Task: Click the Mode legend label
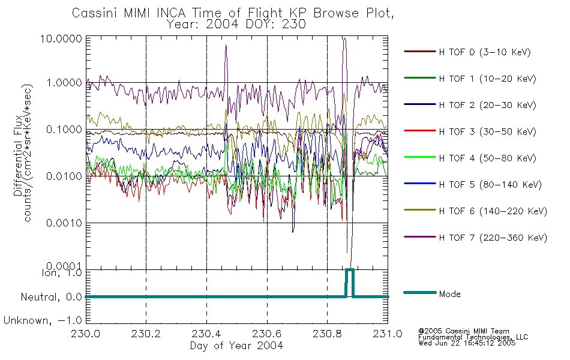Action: pos(449,294)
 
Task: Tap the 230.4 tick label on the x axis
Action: pos(206,334)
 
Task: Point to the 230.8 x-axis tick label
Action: pos(327,334)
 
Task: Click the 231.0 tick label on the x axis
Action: pos(388,334)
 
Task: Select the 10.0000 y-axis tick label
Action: pos(61,38)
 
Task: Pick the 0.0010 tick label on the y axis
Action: pos(64,223)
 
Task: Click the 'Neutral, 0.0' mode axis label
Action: pos(51,298)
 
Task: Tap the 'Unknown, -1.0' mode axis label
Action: pos(43,321)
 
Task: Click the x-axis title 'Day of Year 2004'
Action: pos(236,346)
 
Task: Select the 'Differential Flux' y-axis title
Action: pos(18,156)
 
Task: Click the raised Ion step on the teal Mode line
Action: pos(349,270)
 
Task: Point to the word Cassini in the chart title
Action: pos(95,13)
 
